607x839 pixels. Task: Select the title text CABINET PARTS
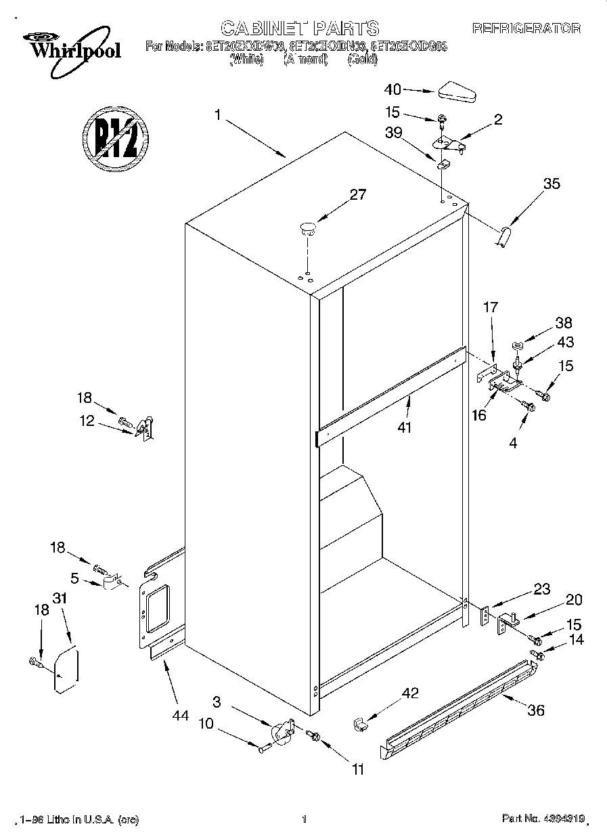coord(300,28)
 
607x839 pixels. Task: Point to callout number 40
coord(392,89)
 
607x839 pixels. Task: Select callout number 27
coord(357,195)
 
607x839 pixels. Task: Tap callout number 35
coord(552,183)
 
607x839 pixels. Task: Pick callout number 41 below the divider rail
coord(405,427)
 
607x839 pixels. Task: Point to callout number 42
coord(410,693)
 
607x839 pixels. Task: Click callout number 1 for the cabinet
coord(218,115)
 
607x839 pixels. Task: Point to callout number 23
coord(542,588)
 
